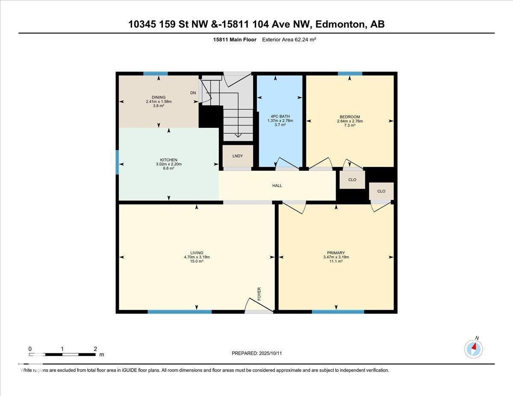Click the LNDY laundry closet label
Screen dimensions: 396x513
tap(238, 156)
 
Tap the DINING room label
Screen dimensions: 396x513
tap(158, 97)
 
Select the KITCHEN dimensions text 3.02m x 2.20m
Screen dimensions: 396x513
tap(168, 164)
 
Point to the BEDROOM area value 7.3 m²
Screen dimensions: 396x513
tap(350, 125)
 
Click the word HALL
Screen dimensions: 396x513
tap(277, 186)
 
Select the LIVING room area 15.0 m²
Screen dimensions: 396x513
tap(197, 261)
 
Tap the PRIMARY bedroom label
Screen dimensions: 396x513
tap(336, 253)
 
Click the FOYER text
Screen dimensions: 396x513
tap(259, 294)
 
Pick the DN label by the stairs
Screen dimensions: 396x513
tap(193, 93)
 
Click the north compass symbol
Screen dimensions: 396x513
tap(474, 349)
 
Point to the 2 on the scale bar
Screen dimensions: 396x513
tap(95, 349)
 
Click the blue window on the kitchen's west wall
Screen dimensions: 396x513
tap(118, 162)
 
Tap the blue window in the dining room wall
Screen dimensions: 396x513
tap(155, 73)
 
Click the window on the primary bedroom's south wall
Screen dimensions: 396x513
tap(338, 312)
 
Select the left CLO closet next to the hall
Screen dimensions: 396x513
tap(352, 180)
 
